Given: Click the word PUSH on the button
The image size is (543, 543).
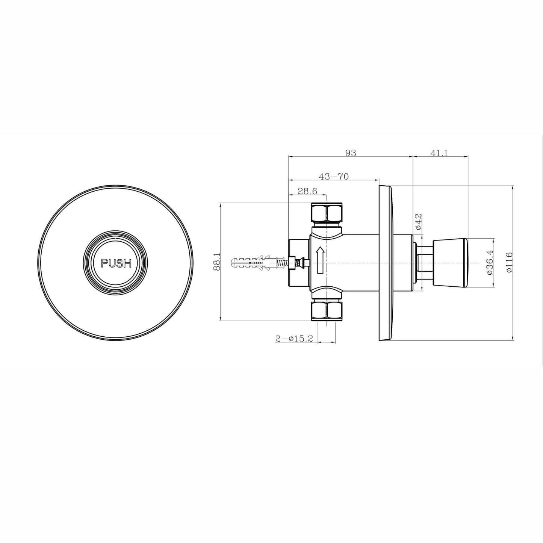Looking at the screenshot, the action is [x=116, y=263].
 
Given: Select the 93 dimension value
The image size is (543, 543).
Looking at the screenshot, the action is [x=351, y=153].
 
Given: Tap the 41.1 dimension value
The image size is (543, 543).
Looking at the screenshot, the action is [x=439, y=153].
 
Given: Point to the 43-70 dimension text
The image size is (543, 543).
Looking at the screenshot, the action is [x=334, y=176].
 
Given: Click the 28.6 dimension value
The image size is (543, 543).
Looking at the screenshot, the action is [x=307, y=191].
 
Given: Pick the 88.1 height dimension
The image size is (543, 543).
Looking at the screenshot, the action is [x=216, y=262].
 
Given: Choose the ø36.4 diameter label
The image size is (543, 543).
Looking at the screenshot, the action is [x=489, y=263].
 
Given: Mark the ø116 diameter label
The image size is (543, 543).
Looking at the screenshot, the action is [x=509, y=262].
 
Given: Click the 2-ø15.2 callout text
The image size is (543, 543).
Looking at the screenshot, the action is [x=294, y=339].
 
